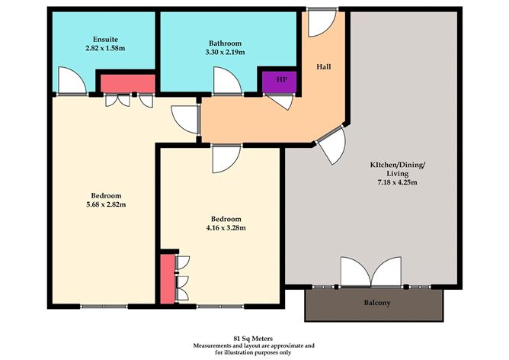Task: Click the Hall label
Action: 324,67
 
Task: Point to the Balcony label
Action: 376,304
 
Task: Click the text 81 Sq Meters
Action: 254,335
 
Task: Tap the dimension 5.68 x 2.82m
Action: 105,204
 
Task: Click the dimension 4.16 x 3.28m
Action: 224,227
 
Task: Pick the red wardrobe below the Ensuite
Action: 127,82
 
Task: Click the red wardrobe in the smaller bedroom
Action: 167,278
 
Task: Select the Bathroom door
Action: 226,81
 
